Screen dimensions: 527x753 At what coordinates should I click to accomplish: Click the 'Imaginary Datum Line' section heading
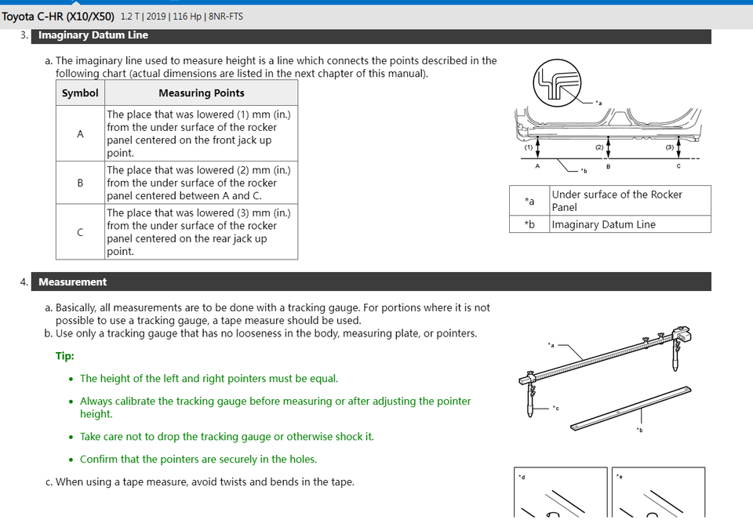93,35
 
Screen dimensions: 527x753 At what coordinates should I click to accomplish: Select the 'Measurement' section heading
73,282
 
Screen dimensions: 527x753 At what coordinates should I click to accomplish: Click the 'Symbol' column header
80,93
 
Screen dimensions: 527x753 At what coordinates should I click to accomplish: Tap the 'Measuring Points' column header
202,93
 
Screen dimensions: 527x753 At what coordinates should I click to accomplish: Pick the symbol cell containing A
80,133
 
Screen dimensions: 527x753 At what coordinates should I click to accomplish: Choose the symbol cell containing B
80,183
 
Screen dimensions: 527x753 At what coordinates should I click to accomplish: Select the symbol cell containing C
80,232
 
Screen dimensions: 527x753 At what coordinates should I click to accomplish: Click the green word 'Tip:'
65,356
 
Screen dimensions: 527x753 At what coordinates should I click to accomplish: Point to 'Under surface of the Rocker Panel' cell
617,201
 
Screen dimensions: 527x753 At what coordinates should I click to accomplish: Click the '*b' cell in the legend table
529,224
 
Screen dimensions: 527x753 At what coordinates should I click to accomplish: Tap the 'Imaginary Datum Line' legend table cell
604,224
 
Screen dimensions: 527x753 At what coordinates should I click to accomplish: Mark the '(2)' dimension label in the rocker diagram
600,147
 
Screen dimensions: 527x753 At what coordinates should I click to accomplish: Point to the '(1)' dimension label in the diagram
529,147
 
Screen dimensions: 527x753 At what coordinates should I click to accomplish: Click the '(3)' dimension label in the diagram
670,147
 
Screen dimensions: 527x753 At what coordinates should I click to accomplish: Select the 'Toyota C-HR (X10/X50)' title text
58,16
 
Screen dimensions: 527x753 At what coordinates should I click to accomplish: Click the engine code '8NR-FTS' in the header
226,16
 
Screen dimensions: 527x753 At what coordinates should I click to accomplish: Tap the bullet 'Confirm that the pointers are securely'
198,459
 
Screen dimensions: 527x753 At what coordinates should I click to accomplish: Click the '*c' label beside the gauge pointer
555,408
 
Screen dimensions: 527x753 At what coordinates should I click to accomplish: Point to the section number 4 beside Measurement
24,282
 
